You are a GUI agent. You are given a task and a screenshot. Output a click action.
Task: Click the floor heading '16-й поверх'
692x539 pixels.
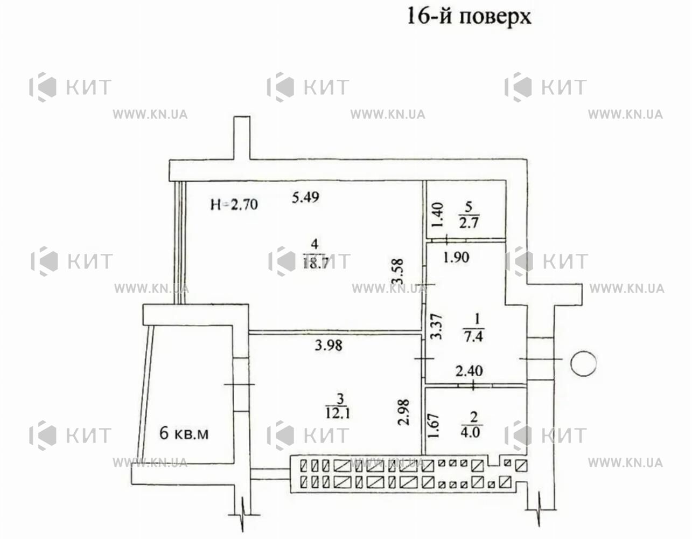point(469,17)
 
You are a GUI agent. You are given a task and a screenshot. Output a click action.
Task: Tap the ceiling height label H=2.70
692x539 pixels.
point(234,205)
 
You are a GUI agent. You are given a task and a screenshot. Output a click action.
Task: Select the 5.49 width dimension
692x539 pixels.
point(306,197)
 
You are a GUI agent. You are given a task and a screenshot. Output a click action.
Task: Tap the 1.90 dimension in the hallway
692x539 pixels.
point(456,257)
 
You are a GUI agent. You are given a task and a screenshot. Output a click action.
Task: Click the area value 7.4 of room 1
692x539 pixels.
point(474,336)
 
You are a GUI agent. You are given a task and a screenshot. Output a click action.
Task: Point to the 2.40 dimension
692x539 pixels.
point(469,371)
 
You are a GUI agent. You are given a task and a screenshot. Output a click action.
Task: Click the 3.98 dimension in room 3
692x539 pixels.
point(328,345)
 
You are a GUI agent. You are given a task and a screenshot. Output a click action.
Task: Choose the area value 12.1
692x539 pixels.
point(338,414)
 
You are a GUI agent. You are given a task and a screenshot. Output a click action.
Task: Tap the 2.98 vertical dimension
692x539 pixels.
point(403,412)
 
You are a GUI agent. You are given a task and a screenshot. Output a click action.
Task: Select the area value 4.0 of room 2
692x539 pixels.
point(470,432)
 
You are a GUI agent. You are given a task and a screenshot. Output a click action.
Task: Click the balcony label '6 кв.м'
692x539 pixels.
point(184,433)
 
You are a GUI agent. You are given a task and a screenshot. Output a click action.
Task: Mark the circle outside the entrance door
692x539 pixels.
point(583,363)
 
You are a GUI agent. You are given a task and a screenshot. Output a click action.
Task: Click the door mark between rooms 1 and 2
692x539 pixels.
point(473,385)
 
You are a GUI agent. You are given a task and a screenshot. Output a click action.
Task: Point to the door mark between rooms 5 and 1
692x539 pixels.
point(446,239)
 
